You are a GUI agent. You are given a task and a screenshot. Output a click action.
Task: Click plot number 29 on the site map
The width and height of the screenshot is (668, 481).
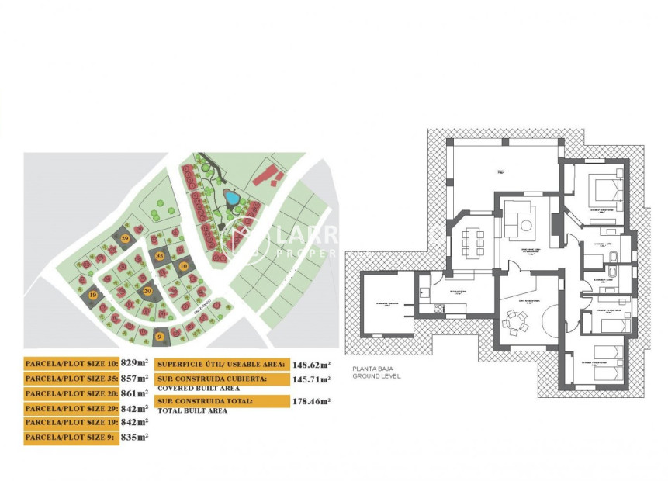126,238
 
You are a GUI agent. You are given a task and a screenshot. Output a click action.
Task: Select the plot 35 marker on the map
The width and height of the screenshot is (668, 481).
160,255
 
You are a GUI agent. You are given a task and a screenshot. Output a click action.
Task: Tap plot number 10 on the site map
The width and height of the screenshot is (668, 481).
184,265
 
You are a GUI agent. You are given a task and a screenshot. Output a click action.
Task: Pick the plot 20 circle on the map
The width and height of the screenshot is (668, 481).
147,291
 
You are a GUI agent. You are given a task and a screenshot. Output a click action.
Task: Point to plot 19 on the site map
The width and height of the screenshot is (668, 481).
93,296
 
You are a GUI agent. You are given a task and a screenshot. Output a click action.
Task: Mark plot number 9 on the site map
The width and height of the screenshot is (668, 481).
160,336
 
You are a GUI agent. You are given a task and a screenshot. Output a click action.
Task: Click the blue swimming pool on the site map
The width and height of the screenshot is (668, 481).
232,198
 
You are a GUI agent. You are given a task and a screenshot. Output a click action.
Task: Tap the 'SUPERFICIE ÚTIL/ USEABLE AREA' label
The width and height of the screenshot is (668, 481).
222,363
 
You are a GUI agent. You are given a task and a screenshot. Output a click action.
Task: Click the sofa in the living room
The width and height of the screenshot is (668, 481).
517,217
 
